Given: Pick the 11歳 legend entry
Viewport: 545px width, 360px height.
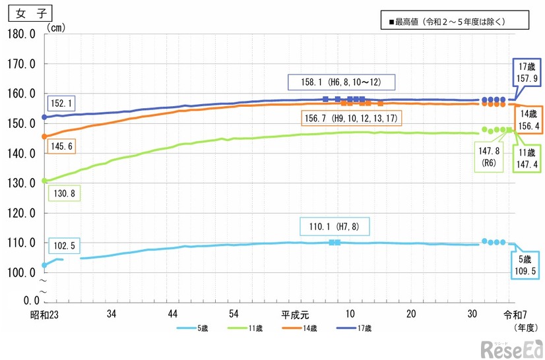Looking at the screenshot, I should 242,328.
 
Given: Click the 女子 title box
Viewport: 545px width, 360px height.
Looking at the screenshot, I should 28,13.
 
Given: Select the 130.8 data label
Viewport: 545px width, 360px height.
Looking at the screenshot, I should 65,193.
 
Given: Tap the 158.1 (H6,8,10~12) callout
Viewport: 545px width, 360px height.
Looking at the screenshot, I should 341,82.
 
